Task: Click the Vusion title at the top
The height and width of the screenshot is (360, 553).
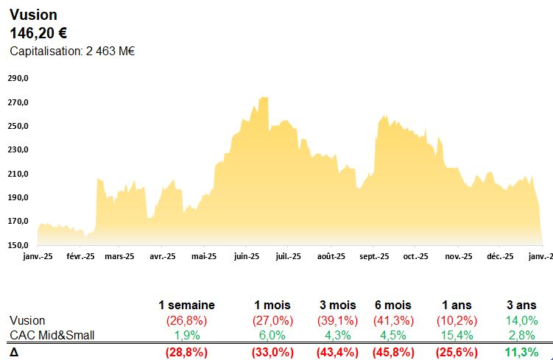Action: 33,15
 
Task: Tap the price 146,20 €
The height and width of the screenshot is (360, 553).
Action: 38,32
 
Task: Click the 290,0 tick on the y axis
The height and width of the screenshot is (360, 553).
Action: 18,78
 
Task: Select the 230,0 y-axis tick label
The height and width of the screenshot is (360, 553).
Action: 18,149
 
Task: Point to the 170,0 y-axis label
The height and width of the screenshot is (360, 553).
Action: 18,221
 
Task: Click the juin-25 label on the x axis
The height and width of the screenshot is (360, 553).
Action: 247,257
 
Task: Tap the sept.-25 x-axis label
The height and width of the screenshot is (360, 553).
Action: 374,257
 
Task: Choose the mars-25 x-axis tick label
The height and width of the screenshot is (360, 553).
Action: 119,257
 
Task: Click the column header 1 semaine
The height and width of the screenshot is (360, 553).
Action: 186,305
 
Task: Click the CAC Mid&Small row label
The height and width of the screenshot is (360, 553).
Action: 52,336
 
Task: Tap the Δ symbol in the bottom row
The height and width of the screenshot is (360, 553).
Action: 14,352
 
